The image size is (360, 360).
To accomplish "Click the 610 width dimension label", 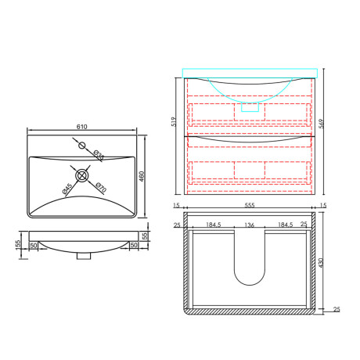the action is click(x=81, y=127).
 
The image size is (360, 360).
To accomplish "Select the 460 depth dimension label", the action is click(x=142, y=176).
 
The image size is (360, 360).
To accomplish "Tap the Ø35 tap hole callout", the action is click(x=99, y=156).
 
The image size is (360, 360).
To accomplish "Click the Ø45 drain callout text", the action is click(x=67, y=189).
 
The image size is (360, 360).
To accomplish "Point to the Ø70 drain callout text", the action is click(x=101, y=188).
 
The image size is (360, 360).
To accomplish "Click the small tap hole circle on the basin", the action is click(x=82, y=146).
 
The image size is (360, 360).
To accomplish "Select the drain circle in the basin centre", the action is click(x=81, y=175).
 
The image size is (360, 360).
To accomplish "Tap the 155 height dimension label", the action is click(x=18, y=245).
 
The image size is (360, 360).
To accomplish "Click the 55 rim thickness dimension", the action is click(x=145, y=236).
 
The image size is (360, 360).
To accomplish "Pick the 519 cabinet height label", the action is click(x=174, y=122).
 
